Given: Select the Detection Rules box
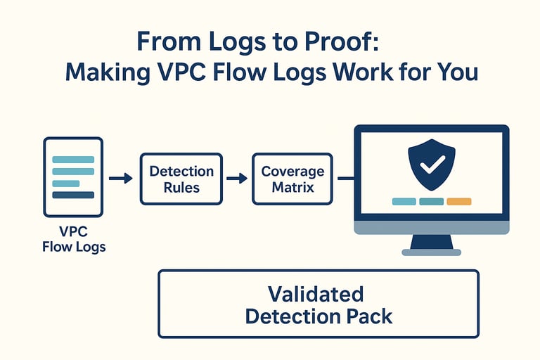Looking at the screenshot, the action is pyautogui.click(x=181, y=179).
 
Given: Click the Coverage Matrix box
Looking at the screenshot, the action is pyautogui.click(x=292, y=179).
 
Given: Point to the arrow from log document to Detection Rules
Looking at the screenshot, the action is pyautogui.click(x=121, y=178).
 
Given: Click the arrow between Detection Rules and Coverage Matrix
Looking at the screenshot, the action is pyautogui.click(x=237, y=178).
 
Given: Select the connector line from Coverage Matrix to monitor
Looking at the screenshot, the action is pyautogui.click(x=346, y=178).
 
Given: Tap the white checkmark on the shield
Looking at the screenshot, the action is pyautogui.click(x=432, y=164).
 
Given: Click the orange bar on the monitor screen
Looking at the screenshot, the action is pyautogui.click(x=458, y=202).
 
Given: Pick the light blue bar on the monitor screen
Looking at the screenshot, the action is pyautogui.click(x=404, y=202).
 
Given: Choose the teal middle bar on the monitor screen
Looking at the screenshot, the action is pyautogui.click(x=431, y=202).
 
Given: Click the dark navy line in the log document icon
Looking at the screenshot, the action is pyautogui.click(x=73, y=195).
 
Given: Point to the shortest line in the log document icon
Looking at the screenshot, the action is pyautogui.click(x=66, y=184).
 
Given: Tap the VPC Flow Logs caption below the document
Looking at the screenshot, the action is pyautogui.click(x=74, y=239).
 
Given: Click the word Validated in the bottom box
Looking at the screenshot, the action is pyautogui.click(x=316, y=294).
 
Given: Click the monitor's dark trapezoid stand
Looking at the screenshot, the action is pyautogui.click(x=432, y=241).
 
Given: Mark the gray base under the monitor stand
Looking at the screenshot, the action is pyautogui.click(x=432, y=252).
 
